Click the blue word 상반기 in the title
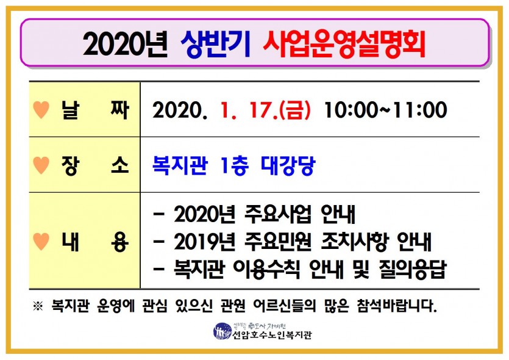tap(216, 45)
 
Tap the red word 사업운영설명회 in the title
tap(344, 45)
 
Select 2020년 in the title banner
tap(125, 45)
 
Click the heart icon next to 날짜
tap(41, 109)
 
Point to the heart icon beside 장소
tap(41, 165)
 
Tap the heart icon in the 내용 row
tap(41, 242)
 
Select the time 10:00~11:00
tap(386, 110)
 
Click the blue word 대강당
tap(288, 165)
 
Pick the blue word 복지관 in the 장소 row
tap(180, 165)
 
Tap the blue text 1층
tap(234, 165)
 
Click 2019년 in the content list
tap(204, 242)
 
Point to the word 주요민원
tap(278, 242)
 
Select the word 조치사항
tap(355, 242)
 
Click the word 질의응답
tap(413, 270)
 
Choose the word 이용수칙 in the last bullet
tap(267, 270)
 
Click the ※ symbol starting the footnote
tap(38, 306)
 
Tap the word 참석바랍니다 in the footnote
tap(396, 306)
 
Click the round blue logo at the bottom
tap(222, 331)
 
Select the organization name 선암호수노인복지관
tap(272, 334)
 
